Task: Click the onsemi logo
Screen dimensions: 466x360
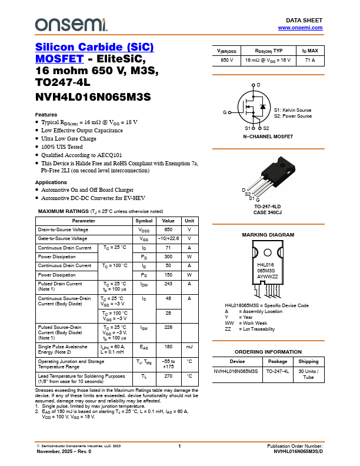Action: tap(71, 24)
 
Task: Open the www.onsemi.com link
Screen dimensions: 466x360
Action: tap(300, 28)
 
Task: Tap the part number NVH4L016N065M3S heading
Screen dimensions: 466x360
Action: tap(94, 96)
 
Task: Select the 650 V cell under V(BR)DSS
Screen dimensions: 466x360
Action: tap(227, 60)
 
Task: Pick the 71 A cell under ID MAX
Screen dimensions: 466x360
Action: tap(309, 60)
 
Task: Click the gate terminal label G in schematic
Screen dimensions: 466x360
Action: tap(224, 112)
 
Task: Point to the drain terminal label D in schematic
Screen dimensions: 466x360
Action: tap(258, 85)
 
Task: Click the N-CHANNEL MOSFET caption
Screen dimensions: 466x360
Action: tap(268, 136)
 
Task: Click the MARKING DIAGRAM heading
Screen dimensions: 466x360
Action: tap(268, 235)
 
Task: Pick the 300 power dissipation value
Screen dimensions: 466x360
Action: tap(168, 257)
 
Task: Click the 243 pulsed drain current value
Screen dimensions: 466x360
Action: tap(168, 284)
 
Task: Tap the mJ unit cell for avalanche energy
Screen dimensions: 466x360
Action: tap(189, 347)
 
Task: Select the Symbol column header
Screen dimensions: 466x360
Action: tap(144, 221)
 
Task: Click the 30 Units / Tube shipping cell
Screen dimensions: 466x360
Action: tap(308, 374)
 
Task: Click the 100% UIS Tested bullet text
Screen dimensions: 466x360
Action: tap(62, 147)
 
